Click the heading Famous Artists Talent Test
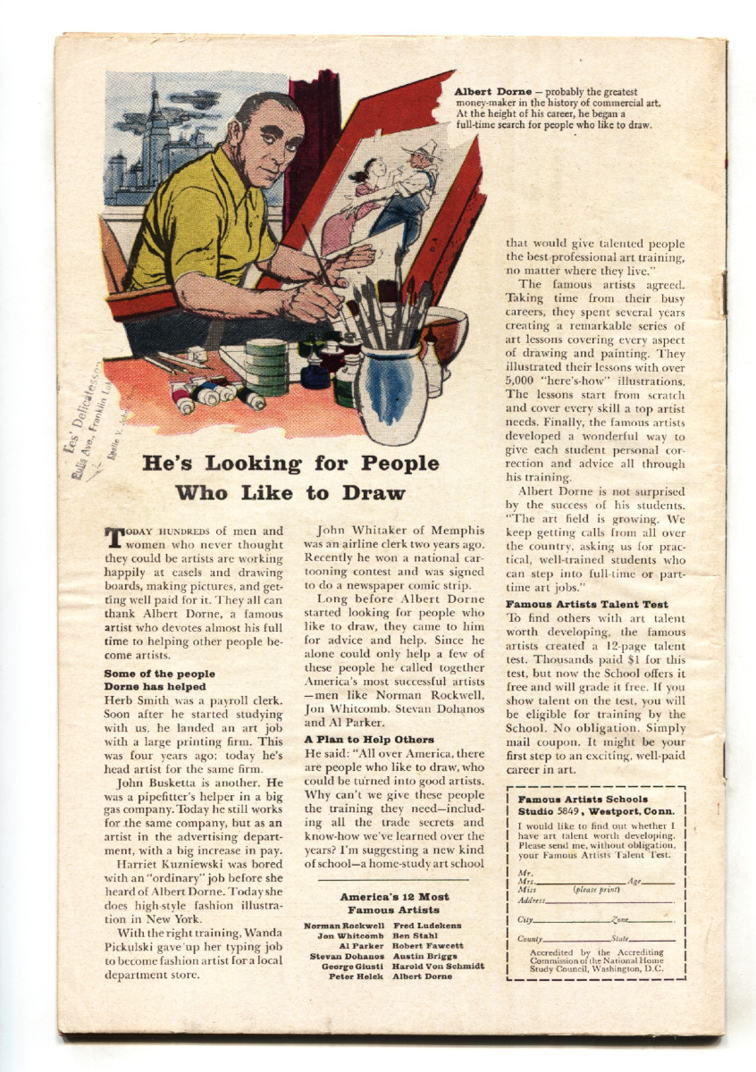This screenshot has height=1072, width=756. pos(586,605)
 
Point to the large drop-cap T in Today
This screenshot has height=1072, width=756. pos(113,538)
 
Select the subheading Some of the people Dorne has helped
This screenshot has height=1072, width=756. pos(159,680)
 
